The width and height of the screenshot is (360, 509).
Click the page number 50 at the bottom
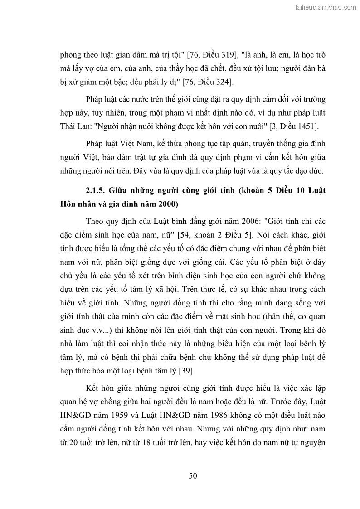coord(193,475)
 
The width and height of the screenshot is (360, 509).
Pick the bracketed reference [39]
coord(187,371)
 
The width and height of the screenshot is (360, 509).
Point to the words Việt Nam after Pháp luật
coord(136,144)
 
